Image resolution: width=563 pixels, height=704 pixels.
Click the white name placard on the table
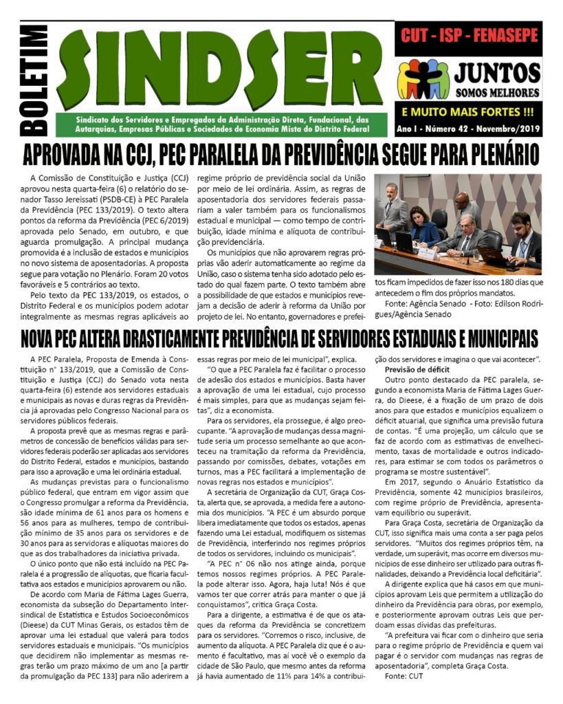(x=427, y=254)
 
